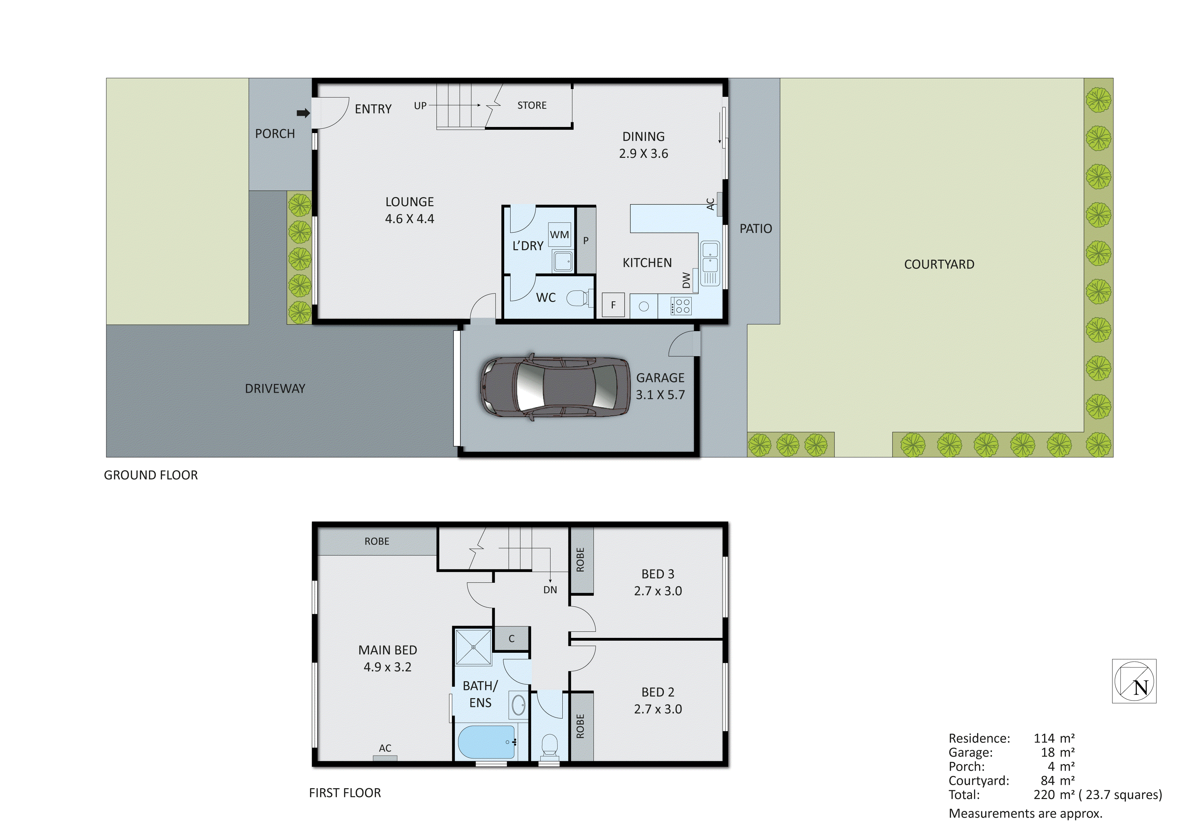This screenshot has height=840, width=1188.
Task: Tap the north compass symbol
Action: click(1134, 681)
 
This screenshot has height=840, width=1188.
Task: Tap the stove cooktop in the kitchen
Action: click(681, 305)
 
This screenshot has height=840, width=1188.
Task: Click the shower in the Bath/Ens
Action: click(473, 647)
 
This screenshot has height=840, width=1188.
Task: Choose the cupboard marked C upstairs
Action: click(511, 639)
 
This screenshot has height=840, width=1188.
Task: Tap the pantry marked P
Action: click(586, 240)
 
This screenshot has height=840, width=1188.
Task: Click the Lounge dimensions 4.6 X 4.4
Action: click(409, 219)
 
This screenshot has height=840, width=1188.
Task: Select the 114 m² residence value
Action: click(1054, 738)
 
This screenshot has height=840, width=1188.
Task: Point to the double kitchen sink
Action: click(710, 264)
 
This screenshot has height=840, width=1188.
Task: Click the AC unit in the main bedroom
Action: click(385, 758)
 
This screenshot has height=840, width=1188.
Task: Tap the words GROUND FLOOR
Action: click(151, 475)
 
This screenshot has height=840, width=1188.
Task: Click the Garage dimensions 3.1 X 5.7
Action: click(660, 395)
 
